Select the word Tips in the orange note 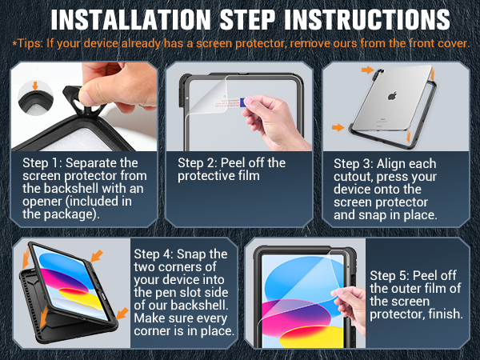click(x=26, y=42)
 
